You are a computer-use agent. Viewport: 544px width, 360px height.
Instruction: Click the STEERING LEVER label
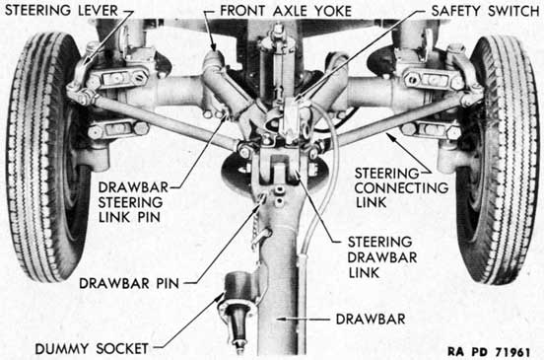point(61,11)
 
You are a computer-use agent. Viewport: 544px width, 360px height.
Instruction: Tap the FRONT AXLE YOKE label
point(286,11)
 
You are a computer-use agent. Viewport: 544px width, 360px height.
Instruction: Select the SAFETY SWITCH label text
point(485,11)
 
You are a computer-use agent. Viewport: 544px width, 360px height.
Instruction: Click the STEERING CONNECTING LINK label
point(401,187)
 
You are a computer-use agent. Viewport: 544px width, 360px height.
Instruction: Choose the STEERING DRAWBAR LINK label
point(382,257)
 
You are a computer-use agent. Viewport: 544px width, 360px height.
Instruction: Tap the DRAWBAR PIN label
point(129,283)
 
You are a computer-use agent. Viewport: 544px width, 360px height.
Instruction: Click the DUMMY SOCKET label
point(92,349)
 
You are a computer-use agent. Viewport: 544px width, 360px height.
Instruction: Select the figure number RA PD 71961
point(489,352)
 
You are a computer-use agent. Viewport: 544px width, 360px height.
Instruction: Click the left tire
point(45,156)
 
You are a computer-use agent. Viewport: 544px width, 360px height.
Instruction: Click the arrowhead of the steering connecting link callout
point(390,136)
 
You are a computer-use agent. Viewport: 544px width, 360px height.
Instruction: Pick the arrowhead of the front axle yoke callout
point(214,47)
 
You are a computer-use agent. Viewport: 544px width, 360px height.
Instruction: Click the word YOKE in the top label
point(333,11)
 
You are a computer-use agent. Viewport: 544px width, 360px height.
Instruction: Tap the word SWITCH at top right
point(513,11)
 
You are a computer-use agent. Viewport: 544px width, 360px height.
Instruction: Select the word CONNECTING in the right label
point(401,187)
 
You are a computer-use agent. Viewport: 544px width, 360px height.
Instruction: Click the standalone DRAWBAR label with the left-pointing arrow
point(371,319)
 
